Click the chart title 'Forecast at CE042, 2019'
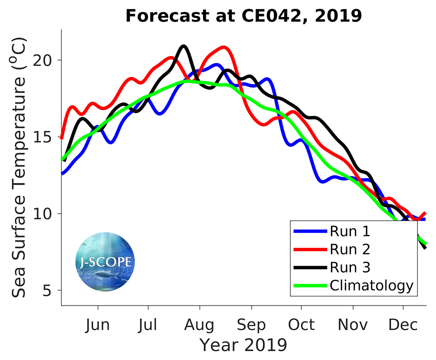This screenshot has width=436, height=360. coord(244,16)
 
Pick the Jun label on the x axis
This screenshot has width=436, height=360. coord(98,325)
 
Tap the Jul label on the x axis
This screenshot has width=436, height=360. coord(148,325)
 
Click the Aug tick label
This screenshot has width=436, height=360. coord(199,325)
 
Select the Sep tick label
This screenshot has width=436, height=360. coord(251,325)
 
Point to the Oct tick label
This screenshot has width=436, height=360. coord(301,325)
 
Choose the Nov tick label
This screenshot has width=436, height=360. coord(352,325)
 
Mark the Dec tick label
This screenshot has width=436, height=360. coord(402,325)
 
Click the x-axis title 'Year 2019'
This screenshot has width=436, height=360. coord(243,345)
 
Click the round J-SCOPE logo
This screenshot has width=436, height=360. coord(105,262)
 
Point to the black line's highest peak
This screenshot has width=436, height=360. coord(184,46)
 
